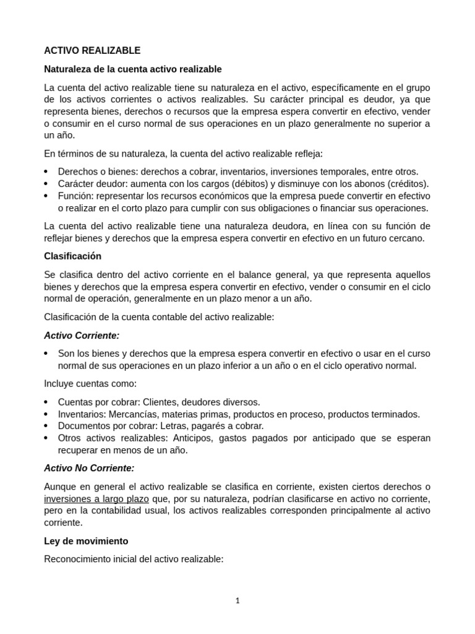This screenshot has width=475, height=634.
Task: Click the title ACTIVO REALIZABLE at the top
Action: [92, 51]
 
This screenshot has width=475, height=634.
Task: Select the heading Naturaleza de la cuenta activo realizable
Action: [133, 69]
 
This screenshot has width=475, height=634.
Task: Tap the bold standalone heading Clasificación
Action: [72, 256]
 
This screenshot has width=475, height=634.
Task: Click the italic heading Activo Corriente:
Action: [82, 335]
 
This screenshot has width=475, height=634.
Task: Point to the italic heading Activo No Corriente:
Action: [89, 468]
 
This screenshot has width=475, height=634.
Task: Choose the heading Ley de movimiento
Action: [86, 541]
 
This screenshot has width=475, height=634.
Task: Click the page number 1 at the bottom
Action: [237, 600]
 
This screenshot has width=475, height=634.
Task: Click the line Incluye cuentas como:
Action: [90, 383]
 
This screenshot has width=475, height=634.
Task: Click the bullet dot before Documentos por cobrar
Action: [47, 426]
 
